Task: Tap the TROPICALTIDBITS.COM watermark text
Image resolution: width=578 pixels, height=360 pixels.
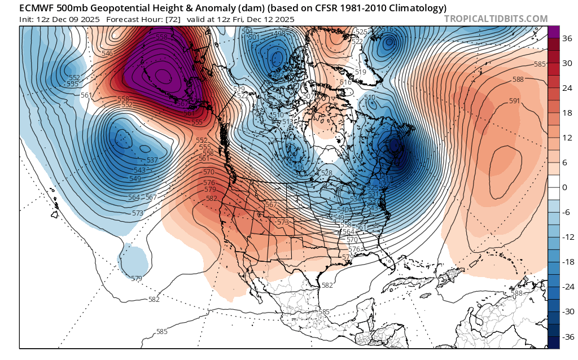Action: click(x=496, y=19)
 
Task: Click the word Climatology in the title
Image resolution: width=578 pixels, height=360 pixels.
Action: click(x=418, y=8)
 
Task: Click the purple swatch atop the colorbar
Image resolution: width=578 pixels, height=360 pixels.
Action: click(x=553, y=32)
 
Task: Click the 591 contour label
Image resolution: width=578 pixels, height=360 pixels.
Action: click(x=514, y=101)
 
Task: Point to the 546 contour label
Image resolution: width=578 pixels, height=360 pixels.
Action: click(x=107, y=54)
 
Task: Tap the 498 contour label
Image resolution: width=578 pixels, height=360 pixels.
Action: click(x=279, y=33)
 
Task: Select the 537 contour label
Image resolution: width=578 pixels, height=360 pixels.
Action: click(x=151, y=160)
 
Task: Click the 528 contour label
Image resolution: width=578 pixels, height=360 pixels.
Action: click(x=326, y=173)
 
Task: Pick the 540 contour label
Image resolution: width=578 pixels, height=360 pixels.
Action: click(x=342, y=210)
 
